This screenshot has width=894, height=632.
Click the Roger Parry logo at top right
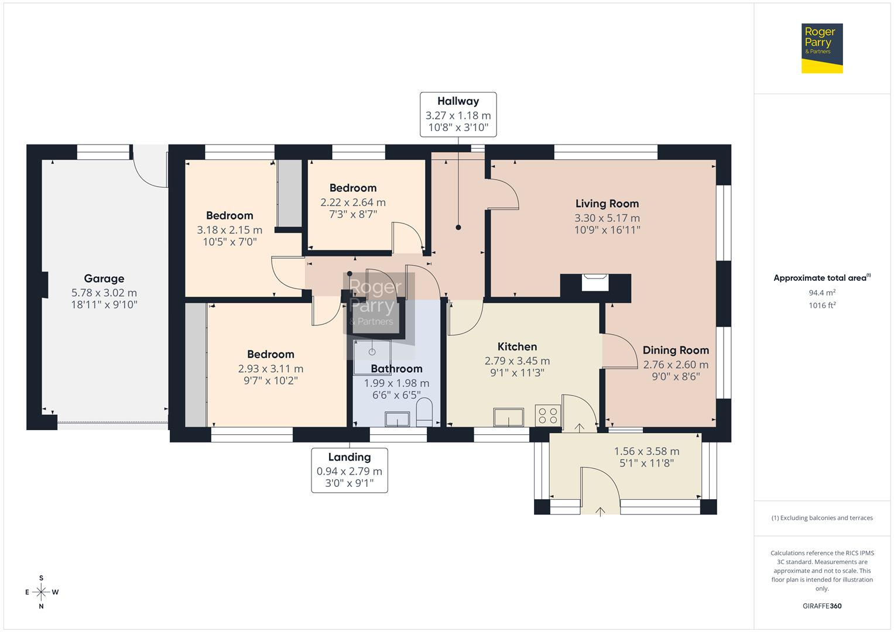(821, 48)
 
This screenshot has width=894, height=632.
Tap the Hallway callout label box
(458, 115)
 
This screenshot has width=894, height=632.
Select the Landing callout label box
(349, 470)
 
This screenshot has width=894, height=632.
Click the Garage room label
(104, 279)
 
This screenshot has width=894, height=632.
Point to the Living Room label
(607, 204)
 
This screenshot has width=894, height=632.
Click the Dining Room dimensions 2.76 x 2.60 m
(676, 365)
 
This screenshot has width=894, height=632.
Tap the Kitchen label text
(517, 346)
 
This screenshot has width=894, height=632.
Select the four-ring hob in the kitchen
(549, 416)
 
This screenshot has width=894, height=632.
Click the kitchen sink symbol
(508, 417)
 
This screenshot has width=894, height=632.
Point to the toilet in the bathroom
(424, 413)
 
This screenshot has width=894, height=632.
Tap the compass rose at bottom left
(41, 592)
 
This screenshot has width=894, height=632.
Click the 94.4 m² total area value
(822, 293)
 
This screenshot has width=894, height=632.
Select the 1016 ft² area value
(822, 305)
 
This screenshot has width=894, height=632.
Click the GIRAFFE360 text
(822, 606)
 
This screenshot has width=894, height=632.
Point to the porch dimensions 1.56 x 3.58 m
(646, 451)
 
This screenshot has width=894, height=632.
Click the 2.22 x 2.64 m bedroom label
(352, 202)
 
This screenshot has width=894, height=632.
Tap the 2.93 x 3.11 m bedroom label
(270, 369)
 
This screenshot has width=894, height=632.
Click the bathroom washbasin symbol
(398, 419)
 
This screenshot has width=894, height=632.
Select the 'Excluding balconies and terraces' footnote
(822, 518)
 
